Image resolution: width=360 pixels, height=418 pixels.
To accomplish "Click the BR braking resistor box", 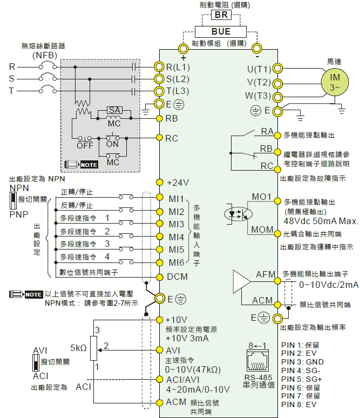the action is (x=221, y=15).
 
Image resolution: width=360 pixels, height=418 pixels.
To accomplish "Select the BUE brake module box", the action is (x=221, y=32).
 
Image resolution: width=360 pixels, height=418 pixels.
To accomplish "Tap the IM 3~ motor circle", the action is (x=335, y=82).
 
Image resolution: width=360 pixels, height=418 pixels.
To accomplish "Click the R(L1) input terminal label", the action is (x=178, y=67).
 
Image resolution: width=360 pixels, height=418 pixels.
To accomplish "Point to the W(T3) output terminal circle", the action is (x=277, y=97).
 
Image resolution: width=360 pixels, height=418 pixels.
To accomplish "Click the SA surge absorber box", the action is (x=114, y=110).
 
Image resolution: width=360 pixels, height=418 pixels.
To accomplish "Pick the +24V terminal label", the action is (x=178, y=183).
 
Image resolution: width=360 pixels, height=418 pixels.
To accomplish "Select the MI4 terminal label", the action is (x=176, y=237).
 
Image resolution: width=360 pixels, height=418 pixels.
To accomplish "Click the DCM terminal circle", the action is (x=159, y=277).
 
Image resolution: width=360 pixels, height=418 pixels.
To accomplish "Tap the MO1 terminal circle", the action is (x=277, y=201).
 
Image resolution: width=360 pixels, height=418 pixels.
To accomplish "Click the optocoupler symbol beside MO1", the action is (x=238, y=214).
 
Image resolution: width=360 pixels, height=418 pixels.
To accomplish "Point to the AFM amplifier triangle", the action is (x=242, y=281).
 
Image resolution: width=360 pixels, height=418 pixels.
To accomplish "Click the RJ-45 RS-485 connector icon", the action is (x=257, y=360).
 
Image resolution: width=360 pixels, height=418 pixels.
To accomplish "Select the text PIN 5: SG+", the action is (x=301, y=379).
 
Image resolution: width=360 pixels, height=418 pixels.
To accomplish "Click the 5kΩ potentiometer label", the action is (x=78, y=348).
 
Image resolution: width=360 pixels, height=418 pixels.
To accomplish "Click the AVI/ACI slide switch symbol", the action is (x=36, y=363).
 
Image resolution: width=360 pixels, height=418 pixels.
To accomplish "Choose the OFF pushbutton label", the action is (x=85, y=146).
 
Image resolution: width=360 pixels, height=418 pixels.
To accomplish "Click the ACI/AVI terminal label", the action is (x=182, y=380).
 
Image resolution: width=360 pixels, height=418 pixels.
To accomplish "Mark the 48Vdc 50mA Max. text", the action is (x=321, y=221).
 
